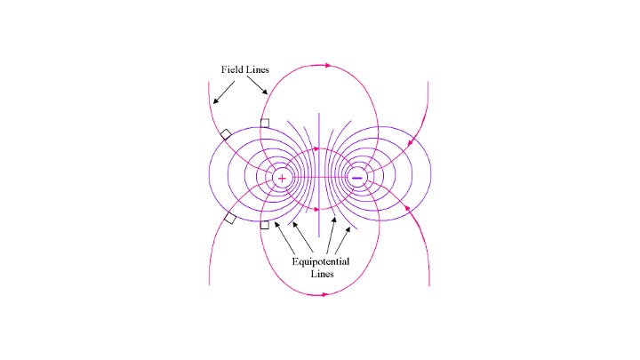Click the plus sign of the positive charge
point(282,178)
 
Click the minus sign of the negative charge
point(357,178)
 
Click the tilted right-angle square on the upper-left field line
point(226,134)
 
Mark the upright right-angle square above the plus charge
point(264,123)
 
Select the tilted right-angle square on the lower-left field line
point(230,219)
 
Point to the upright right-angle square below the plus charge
point(264,225)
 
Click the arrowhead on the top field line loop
point(330,65)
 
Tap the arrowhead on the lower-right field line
point(407,209)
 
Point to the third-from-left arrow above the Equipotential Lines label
point(330,234)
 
